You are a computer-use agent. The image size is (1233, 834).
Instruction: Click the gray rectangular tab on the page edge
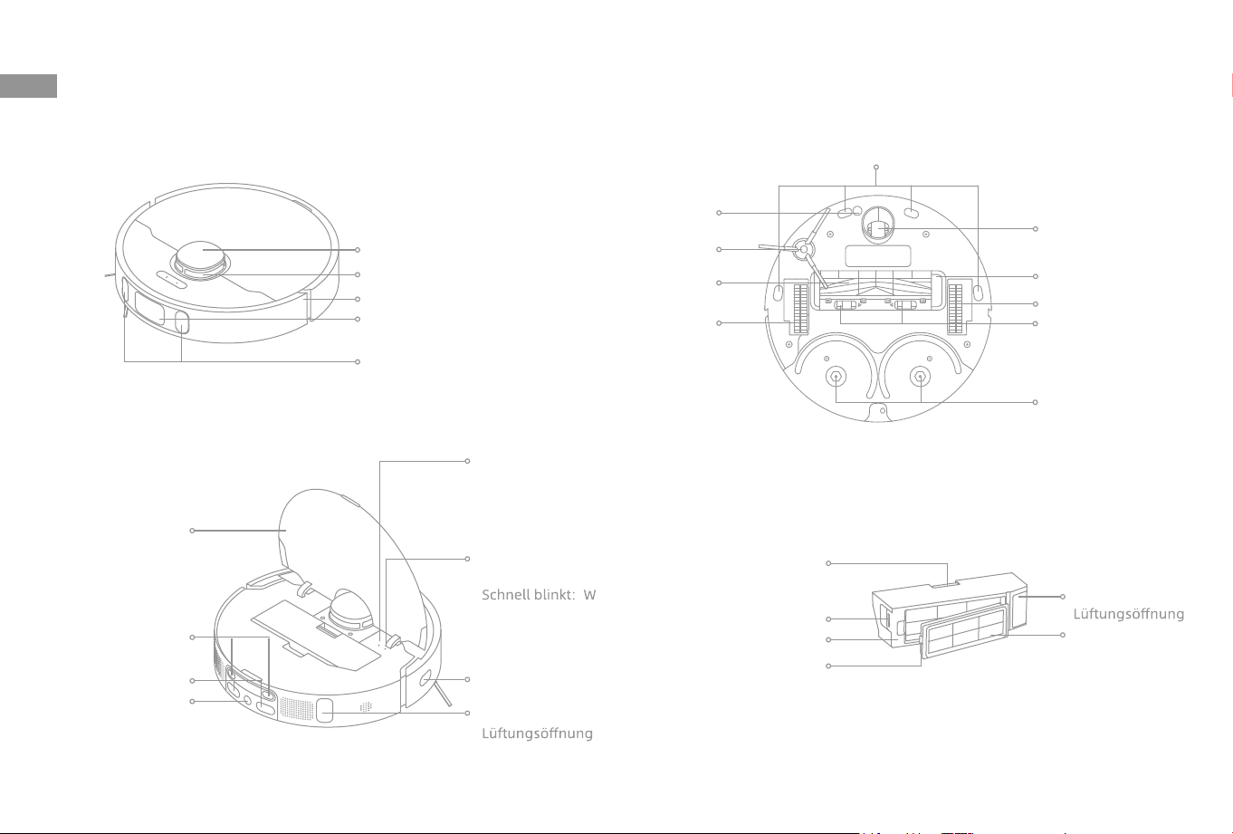pos(28,86)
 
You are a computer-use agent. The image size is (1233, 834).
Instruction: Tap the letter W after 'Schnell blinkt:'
pos(589,595)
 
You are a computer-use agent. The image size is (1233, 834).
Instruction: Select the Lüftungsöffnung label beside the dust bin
pos(1128,614)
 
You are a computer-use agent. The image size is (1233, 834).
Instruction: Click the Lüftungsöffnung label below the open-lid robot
pos(537,733)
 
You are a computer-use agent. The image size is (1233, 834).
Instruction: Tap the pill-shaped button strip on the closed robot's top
pos(169,279)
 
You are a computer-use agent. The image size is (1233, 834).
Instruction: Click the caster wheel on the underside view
pos(877,225)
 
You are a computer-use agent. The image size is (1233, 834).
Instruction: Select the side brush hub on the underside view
pos(803,250)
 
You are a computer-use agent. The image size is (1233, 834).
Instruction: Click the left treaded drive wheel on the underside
pos(800,309)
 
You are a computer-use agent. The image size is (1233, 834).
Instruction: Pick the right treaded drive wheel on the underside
pos(955,309)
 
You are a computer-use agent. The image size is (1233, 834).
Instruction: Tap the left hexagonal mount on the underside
pos(836,377)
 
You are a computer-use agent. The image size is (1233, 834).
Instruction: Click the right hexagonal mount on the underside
pos(920,377)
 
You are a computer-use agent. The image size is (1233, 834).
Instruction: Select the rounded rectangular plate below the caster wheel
pos(877,256)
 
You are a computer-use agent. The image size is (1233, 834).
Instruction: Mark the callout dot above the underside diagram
pos(875,167)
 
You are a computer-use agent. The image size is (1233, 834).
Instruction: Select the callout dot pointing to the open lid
pos(192,531)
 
